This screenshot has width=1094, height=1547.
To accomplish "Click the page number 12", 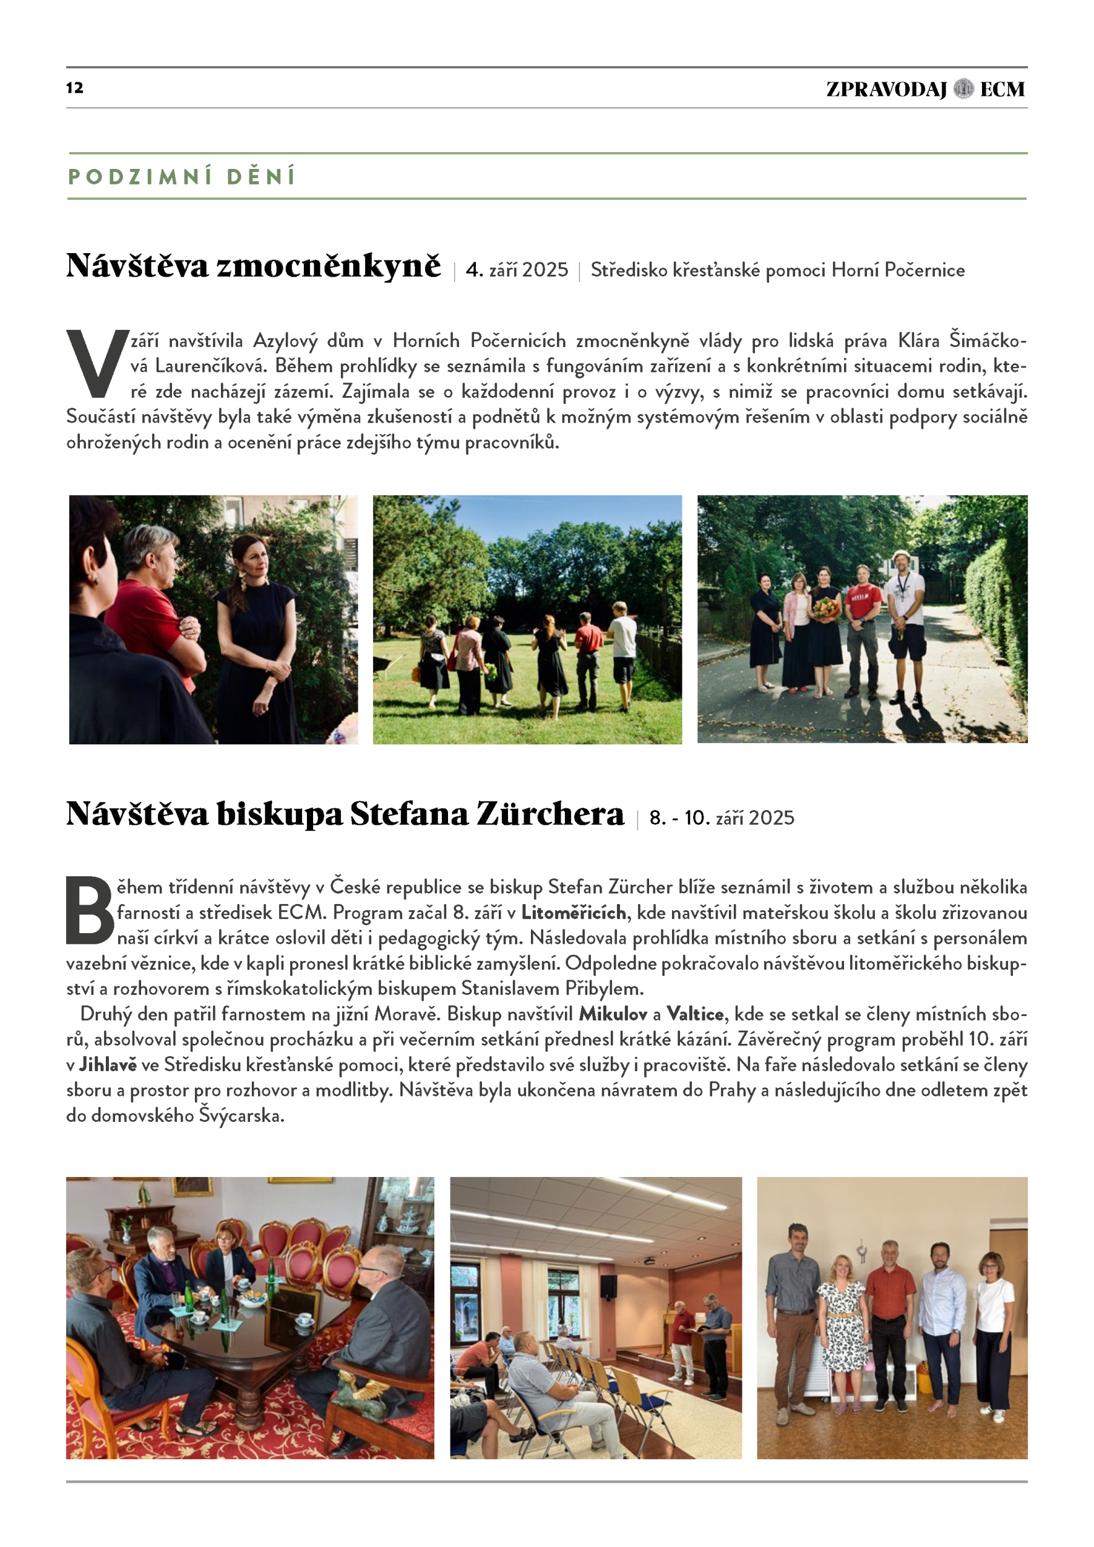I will click(74, 88).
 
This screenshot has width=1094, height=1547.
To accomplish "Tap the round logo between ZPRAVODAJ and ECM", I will click(963, 89).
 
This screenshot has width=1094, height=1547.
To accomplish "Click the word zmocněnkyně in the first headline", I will click(328, 265).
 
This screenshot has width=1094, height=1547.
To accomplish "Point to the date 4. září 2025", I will click(517, 270).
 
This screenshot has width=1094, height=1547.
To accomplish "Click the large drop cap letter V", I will click(97, 364).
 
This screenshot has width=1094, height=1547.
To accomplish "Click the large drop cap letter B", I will click(90, 911).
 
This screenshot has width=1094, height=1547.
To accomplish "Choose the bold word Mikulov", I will click(613, 1014).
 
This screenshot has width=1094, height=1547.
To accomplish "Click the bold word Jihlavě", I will click(108, 1064).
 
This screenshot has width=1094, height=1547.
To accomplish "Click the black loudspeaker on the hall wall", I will click(608, 1287).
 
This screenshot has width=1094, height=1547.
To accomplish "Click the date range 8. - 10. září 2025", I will click(721, 818).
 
